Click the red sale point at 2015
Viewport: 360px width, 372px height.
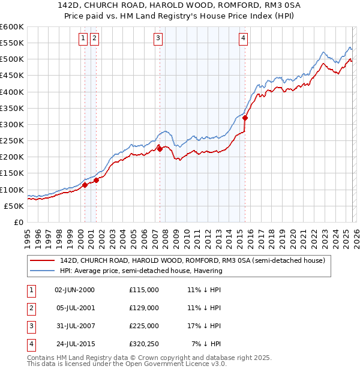tap(245, 118)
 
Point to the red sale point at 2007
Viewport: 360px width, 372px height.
tap(160, 149)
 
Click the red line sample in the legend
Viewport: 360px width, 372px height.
tap(43, 261)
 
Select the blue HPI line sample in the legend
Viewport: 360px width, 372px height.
tap(43, 271)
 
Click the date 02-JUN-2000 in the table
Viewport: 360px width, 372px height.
tap(74, 290)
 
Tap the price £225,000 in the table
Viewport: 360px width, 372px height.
tap(144, 326)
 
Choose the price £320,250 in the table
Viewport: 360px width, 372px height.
tap(144, 344)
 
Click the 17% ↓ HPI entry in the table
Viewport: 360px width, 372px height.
tap(204, 326)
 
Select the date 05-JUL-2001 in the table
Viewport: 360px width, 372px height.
tap(74, 308)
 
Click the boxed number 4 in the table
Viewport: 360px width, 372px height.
tap(30, 344)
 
